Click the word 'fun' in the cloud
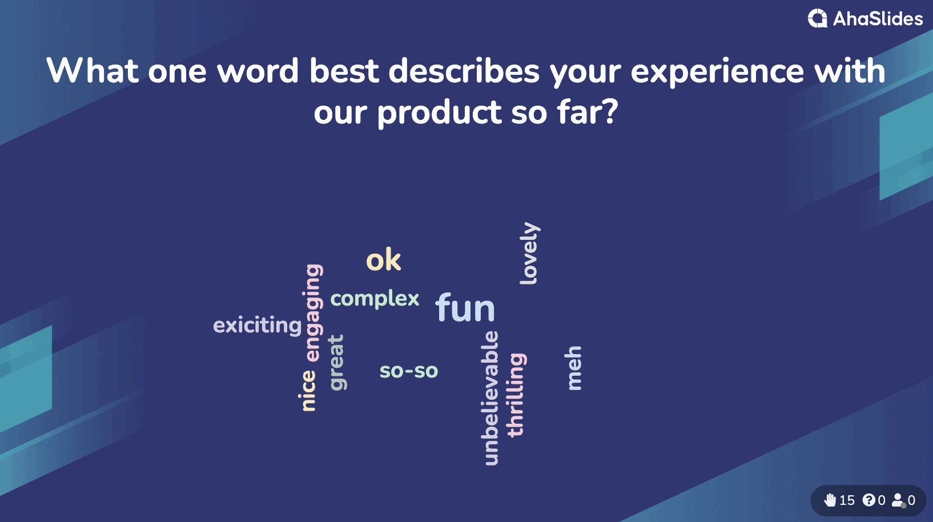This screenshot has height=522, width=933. click(x=465, y=307)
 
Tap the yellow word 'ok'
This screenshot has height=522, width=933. click(x=384, y=259)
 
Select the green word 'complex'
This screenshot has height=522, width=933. click(x=375, y=299)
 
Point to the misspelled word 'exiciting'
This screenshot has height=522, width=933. click(x=257, y=325)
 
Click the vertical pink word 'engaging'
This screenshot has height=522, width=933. click(x=313, y=312)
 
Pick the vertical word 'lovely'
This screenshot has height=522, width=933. click(x=529, y=254)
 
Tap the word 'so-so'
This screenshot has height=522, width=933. click(x=409, y=371)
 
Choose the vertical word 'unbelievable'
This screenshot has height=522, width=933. click(x=490, y=398)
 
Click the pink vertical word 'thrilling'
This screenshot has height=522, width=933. click(x=516, y=395)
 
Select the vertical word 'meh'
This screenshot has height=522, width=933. click(x=573, y=368)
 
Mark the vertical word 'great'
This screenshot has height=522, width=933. click(x=337, y=363)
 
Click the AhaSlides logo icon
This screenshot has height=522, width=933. click(x=818, y=18)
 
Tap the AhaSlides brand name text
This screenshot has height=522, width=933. click(x=878, y=19)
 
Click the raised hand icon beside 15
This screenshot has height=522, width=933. click(x=830, y=500)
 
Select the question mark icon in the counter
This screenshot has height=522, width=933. click(x=868, y=500)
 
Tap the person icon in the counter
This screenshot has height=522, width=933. click(x=898, y=500)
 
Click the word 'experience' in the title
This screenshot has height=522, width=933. click(x=717, y=71)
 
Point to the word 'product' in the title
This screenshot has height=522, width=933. click(x=439, y=113)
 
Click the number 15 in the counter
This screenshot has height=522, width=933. click(x=847, y=500)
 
